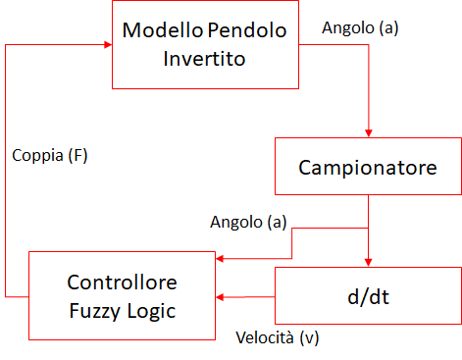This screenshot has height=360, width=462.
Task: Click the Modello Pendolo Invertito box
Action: click(x=204, y=43)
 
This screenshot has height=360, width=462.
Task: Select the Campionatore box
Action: click(x=368, y=167)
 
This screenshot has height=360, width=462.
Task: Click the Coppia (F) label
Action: click(x=50, y=155)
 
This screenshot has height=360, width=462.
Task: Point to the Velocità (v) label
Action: click(x=278, y=338)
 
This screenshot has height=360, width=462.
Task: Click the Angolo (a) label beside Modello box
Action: click(x=360, y=28)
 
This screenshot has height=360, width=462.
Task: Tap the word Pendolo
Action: click(x=246, y=29)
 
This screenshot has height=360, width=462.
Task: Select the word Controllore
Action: click(x=122, y=283)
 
